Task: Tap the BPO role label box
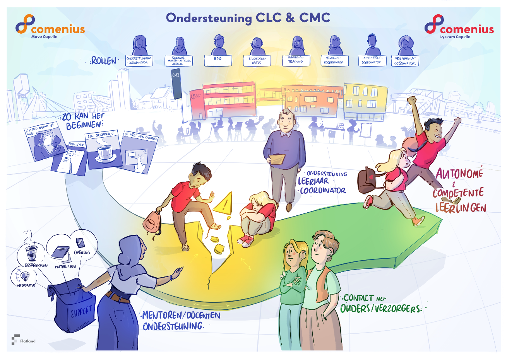click(x=218, y=60)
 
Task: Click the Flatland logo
click(x=24, y=340)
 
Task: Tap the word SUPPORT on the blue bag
click(x=81, y=312)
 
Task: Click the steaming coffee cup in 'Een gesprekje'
click(x=104, y=152)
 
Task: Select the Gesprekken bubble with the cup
click(x=31, y=251)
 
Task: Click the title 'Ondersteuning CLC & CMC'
click(x=248, y=18)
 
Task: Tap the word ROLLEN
click(x=103, y=61)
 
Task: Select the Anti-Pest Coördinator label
click(x=372, y=60)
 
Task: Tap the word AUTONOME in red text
click(x=459, y=174)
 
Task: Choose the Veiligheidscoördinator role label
click(x=405, y=61)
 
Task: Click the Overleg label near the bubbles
click(x=82, y=252)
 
